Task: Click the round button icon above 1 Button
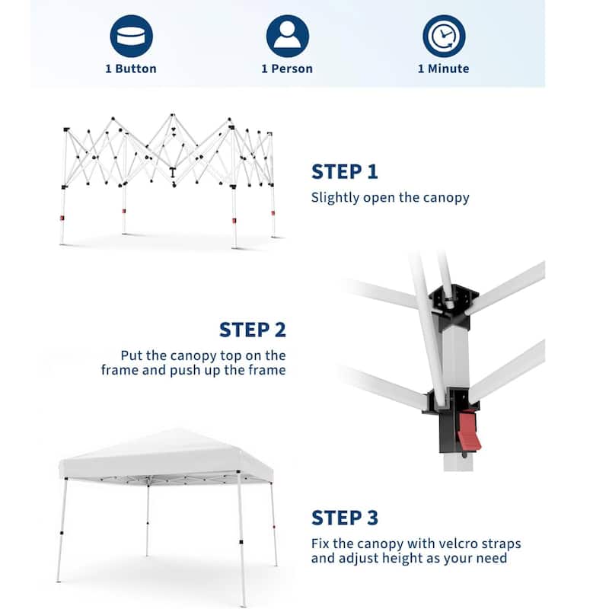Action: coord(131,36)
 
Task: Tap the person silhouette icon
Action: coord(288,36)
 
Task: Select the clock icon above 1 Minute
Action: coord(444,36)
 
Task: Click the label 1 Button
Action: coord(131,69)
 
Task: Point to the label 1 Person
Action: coord(287,69)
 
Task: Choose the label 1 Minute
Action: coord(444,69)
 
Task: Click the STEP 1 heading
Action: coord(345,172)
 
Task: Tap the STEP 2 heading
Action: coord(253,330)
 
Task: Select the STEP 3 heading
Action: coord(345,518)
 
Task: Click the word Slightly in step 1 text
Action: coord(335,198)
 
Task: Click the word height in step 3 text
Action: coord(402,558)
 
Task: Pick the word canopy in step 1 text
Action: coord(446,198)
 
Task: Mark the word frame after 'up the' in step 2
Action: coord(267,370)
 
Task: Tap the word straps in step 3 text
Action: coord(501,544)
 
